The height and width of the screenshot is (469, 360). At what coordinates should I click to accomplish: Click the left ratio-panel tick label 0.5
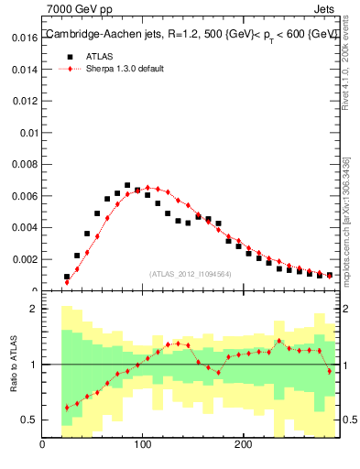27,420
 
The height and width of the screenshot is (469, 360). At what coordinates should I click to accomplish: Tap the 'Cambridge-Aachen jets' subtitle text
97,35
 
